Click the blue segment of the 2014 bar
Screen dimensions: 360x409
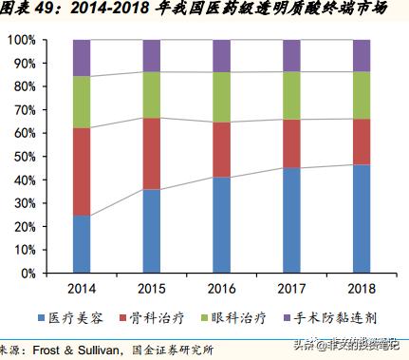click(81, 244)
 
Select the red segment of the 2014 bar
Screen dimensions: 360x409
click(81, 171)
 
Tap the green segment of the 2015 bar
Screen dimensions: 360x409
click(152, 95)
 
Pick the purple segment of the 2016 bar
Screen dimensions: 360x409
click(221, 55)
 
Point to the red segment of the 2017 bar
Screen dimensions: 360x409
click(291, 143)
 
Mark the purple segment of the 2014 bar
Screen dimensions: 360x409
click(81, 58)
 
